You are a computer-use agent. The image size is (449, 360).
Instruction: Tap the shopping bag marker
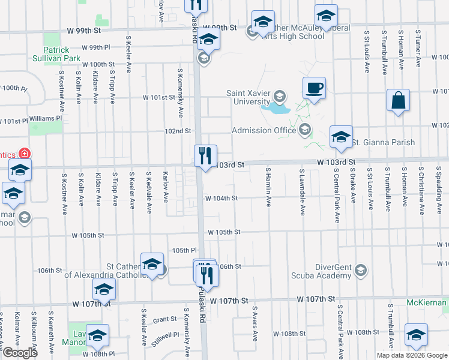coord(399,101)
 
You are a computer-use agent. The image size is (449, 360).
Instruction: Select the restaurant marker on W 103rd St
coord(205,157)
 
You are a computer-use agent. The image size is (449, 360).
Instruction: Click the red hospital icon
coord(25,154)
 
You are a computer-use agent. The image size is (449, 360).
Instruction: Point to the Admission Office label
coord(265,130)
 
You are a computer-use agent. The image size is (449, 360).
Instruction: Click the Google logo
coord(20,353)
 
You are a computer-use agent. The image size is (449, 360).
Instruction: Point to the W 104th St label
coord(221,198)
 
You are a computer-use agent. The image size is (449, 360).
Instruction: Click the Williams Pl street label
coord(46,118)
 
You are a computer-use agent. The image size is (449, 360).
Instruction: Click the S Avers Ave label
coord(255,324)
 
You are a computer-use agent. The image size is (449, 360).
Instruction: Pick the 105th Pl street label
coord(184,250)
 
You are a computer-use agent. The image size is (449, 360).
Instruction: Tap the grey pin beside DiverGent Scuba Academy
coord(360,269)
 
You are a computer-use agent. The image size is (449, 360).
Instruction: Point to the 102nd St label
coord(178,131)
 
